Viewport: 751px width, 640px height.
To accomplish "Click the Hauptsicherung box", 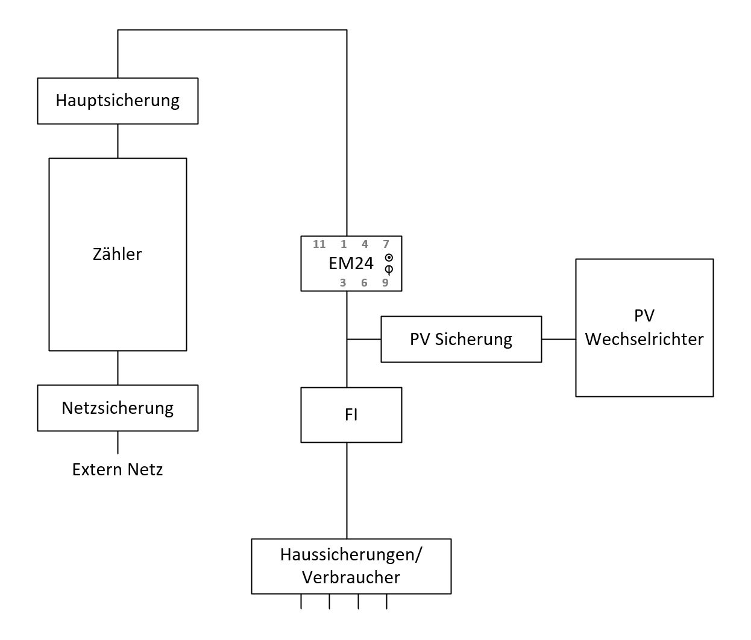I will tap(118, 101).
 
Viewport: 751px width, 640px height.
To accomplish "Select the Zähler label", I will tap(118, 254).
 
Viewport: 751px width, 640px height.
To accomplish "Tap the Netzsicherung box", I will tap(118, 408).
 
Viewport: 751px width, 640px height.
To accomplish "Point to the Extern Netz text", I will tap(118, 469).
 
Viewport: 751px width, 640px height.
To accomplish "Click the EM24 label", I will tap(351, 264).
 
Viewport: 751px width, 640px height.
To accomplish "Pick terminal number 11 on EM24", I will tap(319, 244).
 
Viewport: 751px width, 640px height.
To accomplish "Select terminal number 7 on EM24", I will tap(386, 244).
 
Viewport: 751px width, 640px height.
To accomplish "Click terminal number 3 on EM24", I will tap(343, 282).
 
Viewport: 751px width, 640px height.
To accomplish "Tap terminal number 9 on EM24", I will tap(385, 282).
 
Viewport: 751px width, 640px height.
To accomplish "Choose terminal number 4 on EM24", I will tap(365, 244).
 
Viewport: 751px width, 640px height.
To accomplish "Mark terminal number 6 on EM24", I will tap(364, 282).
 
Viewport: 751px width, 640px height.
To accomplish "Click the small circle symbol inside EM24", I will tap(389, 258).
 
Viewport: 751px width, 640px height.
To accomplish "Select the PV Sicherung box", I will tap(461, 339).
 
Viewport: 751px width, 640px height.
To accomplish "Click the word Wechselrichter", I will tap(644, 339).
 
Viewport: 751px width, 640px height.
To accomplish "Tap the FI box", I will tap(351, 415).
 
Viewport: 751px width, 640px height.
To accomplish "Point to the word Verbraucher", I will tap(351, 577).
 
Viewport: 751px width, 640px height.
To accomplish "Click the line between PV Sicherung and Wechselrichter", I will tap(559, 339).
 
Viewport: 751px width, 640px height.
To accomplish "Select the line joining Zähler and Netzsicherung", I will tap(118, 367).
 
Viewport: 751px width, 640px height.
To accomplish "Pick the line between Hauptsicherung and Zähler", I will tap(118, 141).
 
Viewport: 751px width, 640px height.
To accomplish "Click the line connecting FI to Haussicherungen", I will tap(347, 490).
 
